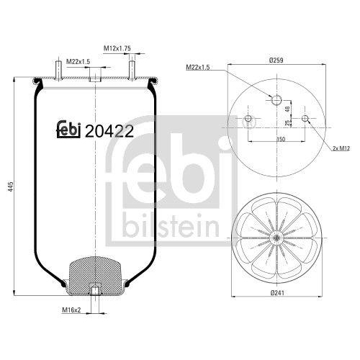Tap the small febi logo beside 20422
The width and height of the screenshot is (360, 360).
click(x=69, y=130)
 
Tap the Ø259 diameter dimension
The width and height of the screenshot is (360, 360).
click(x=276, y=60)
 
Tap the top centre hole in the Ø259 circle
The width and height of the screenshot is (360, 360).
click(x=276, y=98)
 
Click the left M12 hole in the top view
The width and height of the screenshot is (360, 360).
click(x=249, y=119)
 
